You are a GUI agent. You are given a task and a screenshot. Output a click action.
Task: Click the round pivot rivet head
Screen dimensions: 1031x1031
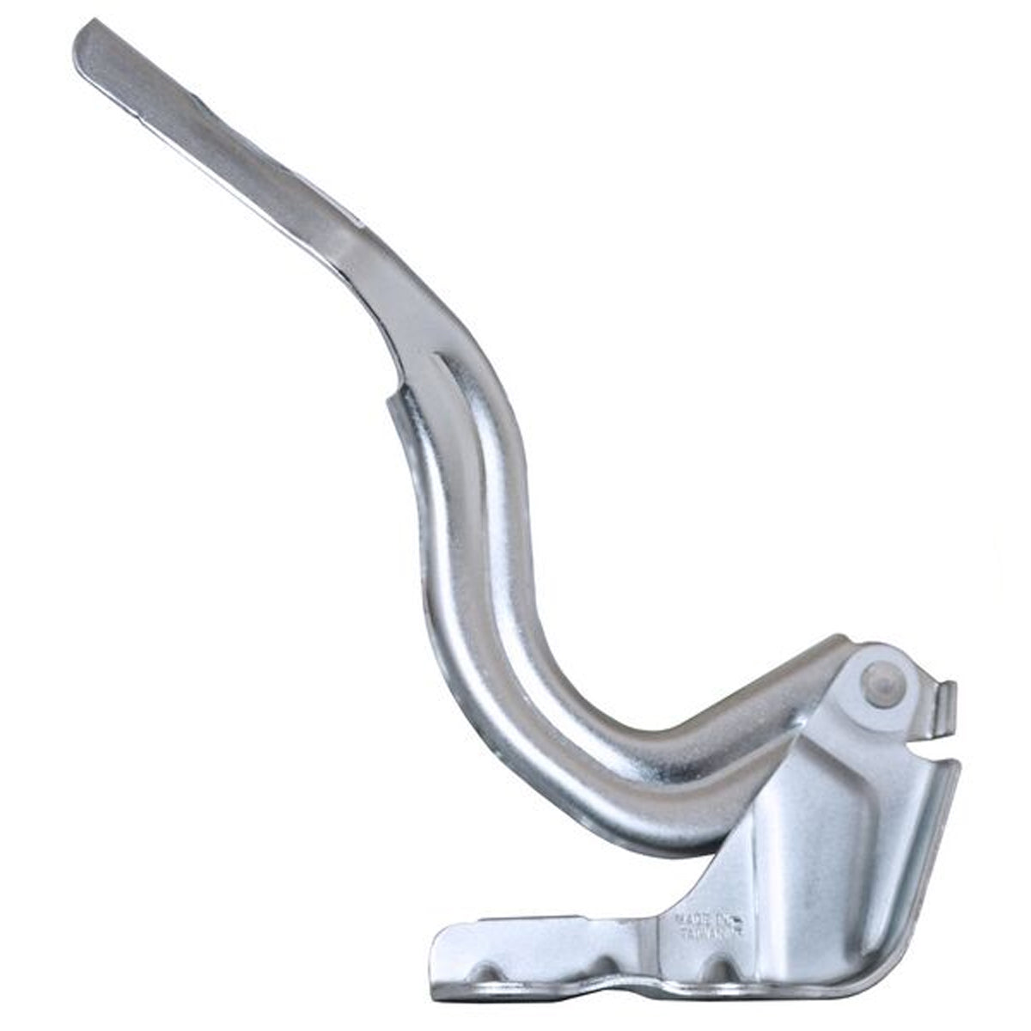[884, 686]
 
